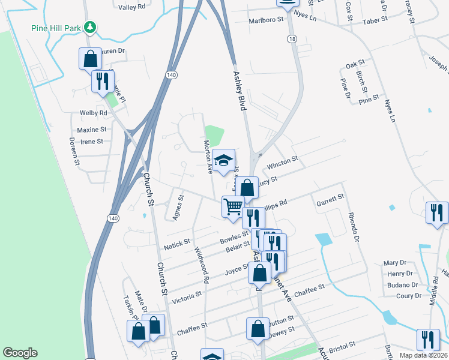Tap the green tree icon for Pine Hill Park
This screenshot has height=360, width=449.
pyautogui.click(x=90, y=27)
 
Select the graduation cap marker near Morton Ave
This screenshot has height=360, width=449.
pyautogui.click(x=224, y=161)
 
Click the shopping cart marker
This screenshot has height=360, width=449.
pyautogui.click(x=233, y=207)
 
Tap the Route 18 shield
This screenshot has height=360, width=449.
pyautogui.click(x=291, y=38)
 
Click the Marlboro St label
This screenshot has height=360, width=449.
pyautogui.click(x=266, y=20)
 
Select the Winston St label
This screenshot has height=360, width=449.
pyautogui.click(x=283, y=163)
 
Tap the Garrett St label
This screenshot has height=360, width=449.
pyautogui.click(x=331, y=199)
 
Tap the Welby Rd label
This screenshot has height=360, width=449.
pyautogui.click(x=93, y=113)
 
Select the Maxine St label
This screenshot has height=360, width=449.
pyautogui.click(x=91, y=129)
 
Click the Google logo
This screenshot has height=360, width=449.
pyautogui.click(x=20, y=353)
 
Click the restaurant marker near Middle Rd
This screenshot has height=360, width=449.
pyautogui.click(x=436, y=214)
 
